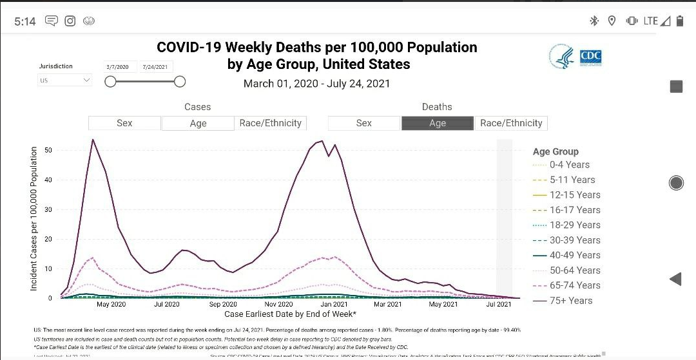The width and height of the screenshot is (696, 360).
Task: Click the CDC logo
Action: [590, 57]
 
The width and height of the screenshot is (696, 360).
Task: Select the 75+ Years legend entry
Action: [570, 300]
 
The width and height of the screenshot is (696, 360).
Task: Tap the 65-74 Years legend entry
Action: [574, 285]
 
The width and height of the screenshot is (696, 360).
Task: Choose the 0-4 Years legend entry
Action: [569, 165]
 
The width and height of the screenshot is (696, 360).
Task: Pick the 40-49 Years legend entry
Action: [574, 255]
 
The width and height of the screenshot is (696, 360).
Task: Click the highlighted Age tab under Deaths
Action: [438, 123]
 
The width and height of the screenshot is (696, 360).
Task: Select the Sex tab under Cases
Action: [124, 123]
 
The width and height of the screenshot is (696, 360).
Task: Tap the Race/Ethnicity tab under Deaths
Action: [511, 123]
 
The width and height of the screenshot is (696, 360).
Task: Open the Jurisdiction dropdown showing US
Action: [64, 81]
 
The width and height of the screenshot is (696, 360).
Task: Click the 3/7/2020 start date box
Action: [118, 67]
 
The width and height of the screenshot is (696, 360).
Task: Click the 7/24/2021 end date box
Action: [155, 67]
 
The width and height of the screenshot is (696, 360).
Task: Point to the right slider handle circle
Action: [180, 81]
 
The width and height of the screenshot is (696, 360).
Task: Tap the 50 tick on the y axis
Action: [48, 150]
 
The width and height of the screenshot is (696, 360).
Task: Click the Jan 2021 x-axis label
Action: [335, 304]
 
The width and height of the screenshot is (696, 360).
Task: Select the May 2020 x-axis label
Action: [111, 304]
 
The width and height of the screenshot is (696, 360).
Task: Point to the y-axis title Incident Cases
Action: [34, 219]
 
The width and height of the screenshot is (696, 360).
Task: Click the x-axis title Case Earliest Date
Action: [290, 314]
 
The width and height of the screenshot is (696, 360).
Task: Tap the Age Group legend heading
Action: [556, 152]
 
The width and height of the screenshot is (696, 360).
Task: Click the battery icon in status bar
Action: [680, 21]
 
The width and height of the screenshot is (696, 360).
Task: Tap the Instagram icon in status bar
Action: [70, 21]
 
